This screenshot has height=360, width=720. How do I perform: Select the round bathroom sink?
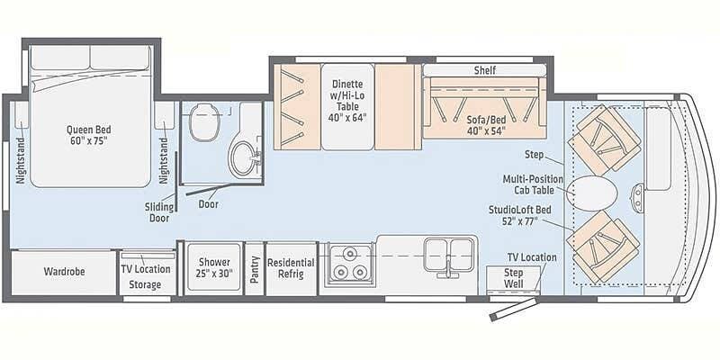pos(241,159)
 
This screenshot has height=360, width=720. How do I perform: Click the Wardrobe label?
pos(63,271)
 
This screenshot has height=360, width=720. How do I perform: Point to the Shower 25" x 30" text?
pos(214,268)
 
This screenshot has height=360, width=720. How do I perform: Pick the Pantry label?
pos(255,269)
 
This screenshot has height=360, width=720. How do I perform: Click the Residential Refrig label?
pos(291,268)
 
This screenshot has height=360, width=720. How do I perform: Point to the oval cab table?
pos(594,192)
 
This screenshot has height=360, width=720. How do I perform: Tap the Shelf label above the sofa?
pos(486,70)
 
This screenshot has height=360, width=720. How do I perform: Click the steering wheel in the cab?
pos(639,192)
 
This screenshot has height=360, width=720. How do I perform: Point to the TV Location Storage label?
pos(146,276)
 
